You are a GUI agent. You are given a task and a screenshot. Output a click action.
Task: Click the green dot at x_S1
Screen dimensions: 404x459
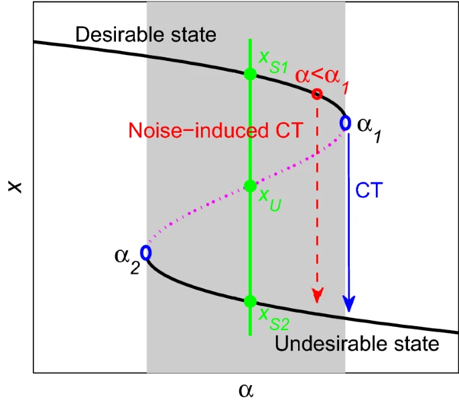(x=250, y=74)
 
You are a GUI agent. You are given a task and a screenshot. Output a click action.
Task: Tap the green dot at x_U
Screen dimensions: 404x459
(x=250, y=185)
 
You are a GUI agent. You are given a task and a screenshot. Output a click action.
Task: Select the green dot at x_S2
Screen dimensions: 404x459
(x=250, y=301)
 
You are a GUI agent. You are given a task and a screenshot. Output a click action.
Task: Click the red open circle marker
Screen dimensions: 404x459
(x=317, y=94)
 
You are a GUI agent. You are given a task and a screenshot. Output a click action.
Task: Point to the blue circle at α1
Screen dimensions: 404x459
(x=346, y=123)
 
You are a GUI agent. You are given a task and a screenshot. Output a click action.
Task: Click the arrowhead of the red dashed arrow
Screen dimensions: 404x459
(x=318, y=296)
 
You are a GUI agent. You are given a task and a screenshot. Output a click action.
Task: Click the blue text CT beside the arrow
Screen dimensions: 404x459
(x=369, y=191)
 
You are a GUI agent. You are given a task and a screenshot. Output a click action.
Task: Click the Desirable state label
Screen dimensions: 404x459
(x=146, y=35)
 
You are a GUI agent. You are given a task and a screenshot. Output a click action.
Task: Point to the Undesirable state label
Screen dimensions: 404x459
(x=357, y=344)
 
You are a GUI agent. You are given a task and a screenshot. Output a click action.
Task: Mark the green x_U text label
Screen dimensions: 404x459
(x=268, y=199)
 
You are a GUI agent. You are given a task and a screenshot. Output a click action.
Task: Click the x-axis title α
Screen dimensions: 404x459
(x=247, y=390)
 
